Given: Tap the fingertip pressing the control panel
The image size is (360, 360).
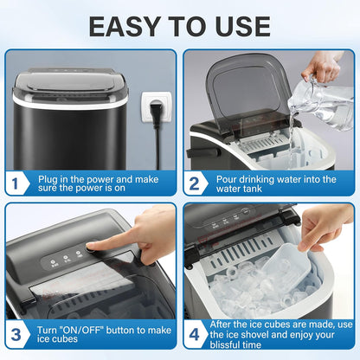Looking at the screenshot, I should coord(93,246).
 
